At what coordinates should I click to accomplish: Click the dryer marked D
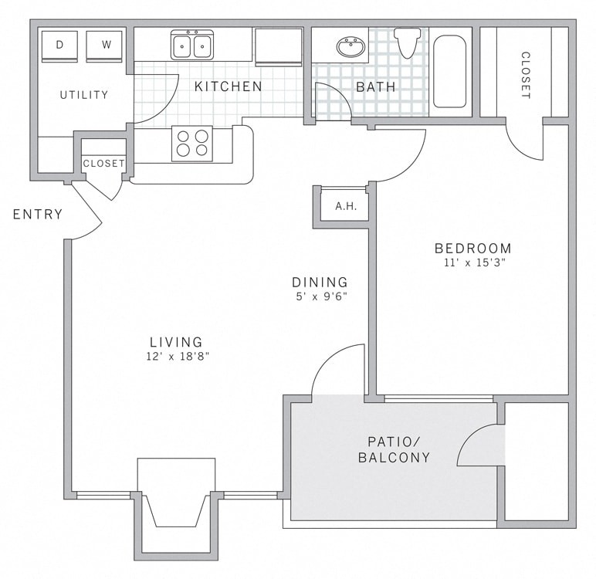59,46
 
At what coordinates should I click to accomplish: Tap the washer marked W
105,46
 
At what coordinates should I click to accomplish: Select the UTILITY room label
84,95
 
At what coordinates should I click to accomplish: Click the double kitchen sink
192,45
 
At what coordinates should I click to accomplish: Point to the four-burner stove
192,143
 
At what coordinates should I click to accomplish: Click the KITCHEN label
229,86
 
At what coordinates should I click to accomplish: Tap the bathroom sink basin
351,47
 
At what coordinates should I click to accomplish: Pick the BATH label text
376,87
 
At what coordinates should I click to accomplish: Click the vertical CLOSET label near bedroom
525,76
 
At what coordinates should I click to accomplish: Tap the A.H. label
345,207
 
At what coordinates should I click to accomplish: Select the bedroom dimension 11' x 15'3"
472,262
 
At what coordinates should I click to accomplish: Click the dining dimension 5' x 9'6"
320,296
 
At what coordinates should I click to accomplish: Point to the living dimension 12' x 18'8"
176,356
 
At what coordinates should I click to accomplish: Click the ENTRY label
38,215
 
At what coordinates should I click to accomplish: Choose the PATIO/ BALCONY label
394,449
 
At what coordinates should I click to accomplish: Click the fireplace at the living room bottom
176,502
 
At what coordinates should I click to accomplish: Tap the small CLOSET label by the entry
103,164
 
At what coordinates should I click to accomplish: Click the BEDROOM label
472,249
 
